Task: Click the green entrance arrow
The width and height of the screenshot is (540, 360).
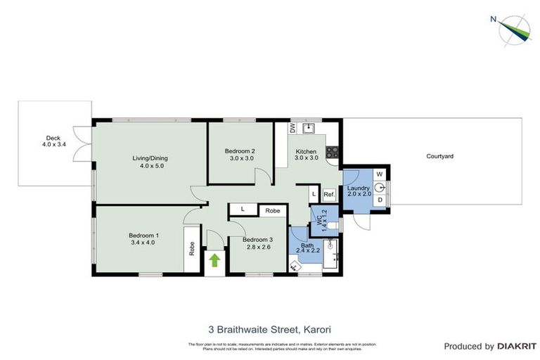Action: [214, 261]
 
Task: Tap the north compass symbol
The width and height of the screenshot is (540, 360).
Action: [514, 29]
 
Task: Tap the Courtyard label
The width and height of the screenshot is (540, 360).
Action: [439, 155]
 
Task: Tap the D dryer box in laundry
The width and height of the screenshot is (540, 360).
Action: [380, 200]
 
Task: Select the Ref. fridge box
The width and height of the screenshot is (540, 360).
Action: [328, 194]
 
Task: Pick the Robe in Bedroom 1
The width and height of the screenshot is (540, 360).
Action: [191, 250]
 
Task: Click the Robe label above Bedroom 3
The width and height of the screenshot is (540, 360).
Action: [273, 210]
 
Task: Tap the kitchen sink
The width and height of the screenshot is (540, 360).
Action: [308, 127]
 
